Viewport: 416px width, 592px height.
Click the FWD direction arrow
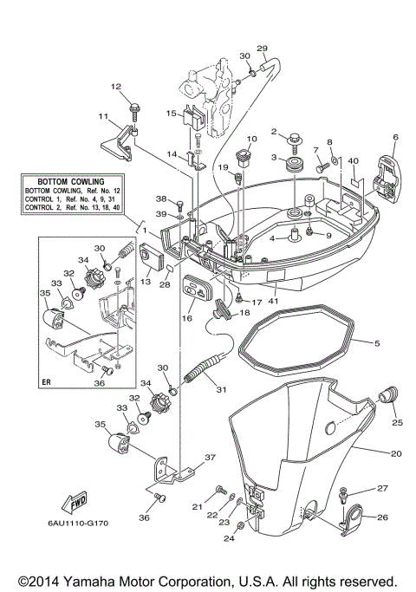75,504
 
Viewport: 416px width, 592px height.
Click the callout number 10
252,139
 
